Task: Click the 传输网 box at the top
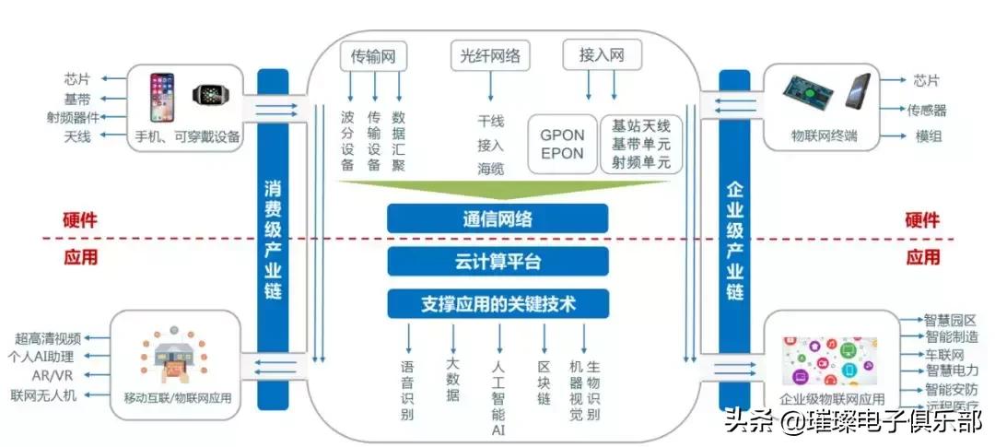pos(373,56)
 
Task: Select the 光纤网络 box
pos(490,56)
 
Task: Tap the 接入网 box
pos(602,56)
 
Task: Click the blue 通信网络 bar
pos(497,218)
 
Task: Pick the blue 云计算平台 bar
pos(497,261)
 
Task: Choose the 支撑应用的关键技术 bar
pos(497,302)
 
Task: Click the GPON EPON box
pos(562,144)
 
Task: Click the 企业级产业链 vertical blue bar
pos(734,239)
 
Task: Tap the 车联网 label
pos(944,355)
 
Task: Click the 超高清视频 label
pos(48,338)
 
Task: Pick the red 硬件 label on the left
pos(80,221)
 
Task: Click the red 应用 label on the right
pos(922,257)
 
